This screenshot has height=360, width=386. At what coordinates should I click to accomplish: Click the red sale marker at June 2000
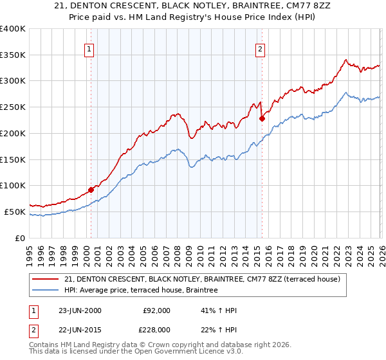[91, 190]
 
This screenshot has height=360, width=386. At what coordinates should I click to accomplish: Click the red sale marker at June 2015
[262, 118]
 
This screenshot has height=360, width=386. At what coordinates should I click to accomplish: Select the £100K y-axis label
[13, 186]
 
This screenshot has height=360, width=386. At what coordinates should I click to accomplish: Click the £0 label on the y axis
[21, 238]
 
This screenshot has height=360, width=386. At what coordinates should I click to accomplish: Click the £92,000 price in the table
[156, 310]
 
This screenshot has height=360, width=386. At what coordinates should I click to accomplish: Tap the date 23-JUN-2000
[80, 310]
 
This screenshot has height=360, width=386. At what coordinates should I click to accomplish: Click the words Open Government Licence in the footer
[192, 353]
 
